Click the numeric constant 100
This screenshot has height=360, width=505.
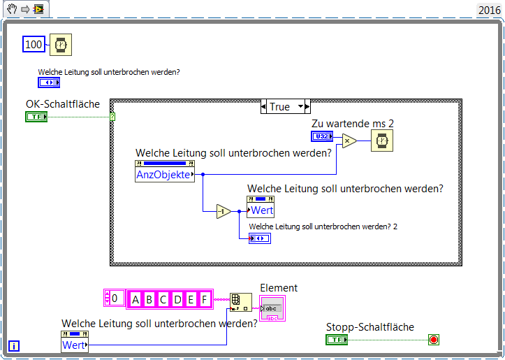(x=34, y=45)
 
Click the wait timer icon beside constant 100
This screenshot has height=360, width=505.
(x=61, y=45)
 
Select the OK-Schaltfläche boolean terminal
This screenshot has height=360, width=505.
(x=36, y=116)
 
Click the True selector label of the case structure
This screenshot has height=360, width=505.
(x=279, y=107)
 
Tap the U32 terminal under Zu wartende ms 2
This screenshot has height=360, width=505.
(x=322, y=136)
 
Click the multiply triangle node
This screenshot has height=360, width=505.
(x=347, y=141)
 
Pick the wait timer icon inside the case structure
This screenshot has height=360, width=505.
(x=381, y=141)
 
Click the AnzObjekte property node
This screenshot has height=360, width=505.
(x=165, y=175)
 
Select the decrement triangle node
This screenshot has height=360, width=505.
(x=223, y=211)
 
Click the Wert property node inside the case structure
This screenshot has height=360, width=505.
(x=261, y=210)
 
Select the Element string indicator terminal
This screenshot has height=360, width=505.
(x=272, y=308)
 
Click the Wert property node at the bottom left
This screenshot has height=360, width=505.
(x=75, y=345)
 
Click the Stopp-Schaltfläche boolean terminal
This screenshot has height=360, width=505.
(x=337, y=340)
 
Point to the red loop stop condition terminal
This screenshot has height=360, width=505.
(x=434, y=340)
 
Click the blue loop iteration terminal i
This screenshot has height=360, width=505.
(x=14, y=345)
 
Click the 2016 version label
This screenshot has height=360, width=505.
(x=488, y=10)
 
